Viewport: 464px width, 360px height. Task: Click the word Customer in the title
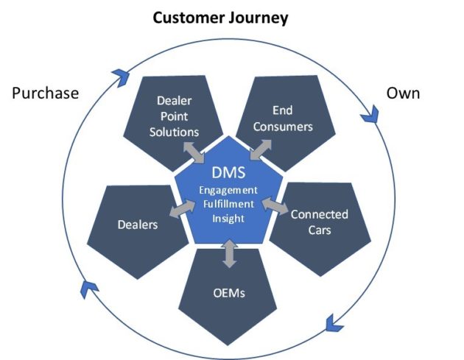pyautogui.click(x=189, y=18)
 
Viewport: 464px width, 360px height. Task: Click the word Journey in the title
pyautogui.click(x=259, y=18)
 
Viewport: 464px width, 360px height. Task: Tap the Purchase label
pyautogui.click(x=46, y=93)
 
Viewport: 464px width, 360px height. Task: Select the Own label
pyautogui.click(x=403, y=93)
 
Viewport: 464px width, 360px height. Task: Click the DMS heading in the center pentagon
pyautogui.click(x=228, y=172)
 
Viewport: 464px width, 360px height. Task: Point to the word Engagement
pyautogui.click(x=228, y=190)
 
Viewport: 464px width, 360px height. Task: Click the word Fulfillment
pyautogui.click(x=228, y=204)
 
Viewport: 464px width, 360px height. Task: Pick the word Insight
pyautogui.click(x=228, y=219)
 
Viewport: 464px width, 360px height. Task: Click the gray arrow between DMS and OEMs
pyautogui.click(x=230, y=254)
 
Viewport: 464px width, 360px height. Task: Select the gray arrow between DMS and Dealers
pyautogui.click(x=183, y=209)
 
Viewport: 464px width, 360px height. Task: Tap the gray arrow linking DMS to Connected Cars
pyautogui.click(x=275, y=205)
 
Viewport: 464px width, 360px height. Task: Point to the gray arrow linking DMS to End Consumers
pyautogui.click(x=261, y=150)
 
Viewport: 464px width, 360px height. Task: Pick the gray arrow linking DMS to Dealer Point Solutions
pyautogui.click(x=194, y=152)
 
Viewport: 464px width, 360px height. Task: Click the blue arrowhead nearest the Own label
pyautogui.click(x=370, y=114)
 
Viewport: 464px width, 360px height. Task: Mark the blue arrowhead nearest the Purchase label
pyautogui.click(x=121, y=77)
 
